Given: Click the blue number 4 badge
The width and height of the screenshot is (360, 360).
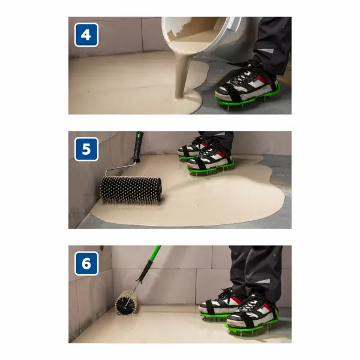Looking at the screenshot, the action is (x=86, y=35).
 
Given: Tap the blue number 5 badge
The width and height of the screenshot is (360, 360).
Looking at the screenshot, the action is (x=86, y=149).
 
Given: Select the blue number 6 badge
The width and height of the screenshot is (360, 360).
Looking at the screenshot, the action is (x=86, y=263).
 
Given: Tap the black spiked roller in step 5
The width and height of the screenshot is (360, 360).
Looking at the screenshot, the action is (x=131, y=190).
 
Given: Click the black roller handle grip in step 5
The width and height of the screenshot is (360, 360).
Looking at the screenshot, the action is (x=138, y=146).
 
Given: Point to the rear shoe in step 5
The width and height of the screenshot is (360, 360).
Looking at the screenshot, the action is (x=191, y=148).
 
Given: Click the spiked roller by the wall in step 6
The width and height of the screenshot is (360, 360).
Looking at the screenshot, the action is (x=127, y=302).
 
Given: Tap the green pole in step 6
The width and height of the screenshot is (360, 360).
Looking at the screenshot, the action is (x=154, y=254).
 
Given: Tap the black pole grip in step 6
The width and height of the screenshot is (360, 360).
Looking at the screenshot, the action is (x=145, y=271).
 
